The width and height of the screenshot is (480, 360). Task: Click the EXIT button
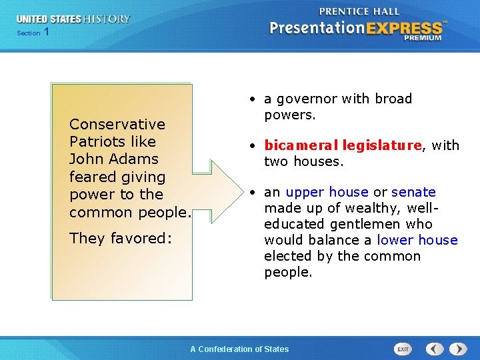tap(403, 349)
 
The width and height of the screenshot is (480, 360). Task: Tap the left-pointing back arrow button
tap(435, 349)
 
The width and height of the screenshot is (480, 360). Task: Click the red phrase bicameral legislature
tap(343, 145)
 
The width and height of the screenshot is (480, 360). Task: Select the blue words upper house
tap(327, 192)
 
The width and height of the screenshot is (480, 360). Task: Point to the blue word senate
tap(413, 192)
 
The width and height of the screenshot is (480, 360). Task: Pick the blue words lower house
tap(417, 240)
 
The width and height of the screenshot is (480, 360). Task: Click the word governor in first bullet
tap(309, 99)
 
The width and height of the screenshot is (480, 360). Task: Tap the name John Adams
tap(114, 159)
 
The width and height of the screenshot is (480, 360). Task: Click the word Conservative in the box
tap(117, 124)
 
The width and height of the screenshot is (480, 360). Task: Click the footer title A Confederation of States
tap(239, 349)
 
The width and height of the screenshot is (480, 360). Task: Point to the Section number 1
tap(46, 32)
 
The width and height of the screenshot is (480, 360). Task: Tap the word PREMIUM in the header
tap(422, 38)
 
